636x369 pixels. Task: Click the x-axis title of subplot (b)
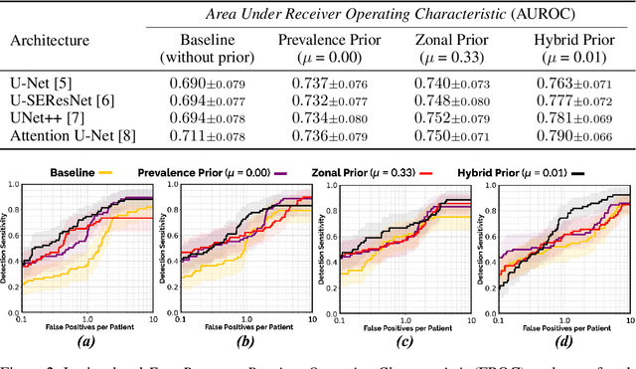point(243,327)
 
